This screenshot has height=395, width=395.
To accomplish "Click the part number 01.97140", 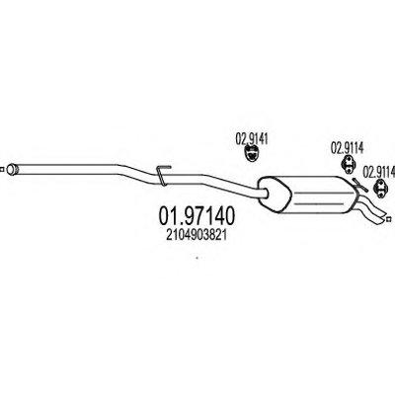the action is click(197, 216).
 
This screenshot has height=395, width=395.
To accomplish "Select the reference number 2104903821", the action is click(197, 235).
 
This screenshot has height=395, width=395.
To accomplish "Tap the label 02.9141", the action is click(252, 139).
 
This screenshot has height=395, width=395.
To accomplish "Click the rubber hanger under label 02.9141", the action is click(252, 154).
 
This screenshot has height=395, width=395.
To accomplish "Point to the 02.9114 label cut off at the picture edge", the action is click(379, 172).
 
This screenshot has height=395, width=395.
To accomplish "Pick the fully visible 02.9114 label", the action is click(347, 148).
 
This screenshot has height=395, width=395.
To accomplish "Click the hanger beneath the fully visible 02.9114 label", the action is click(348, 164).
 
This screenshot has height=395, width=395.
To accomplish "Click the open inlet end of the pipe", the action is click(12, 169).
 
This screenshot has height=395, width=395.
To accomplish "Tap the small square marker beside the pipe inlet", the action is click(1, 170).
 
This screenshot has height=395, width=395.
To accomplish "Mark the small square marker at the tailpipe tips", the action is click(388, 218).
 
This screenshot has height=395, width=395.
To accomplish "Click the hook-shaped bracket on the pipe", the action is click(162, 175).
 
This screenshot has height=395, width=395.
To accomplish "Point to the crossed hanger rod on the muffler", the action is click(359, 185).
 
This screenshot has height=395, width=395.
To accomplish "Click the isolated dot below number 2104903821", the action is click(197, 258).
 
